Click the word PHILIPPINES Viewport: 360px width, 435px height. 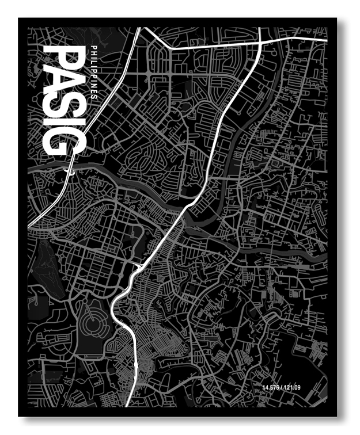(x=93, y=72)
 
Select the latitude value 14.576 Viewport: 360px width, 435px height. (x=271, y=386)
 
